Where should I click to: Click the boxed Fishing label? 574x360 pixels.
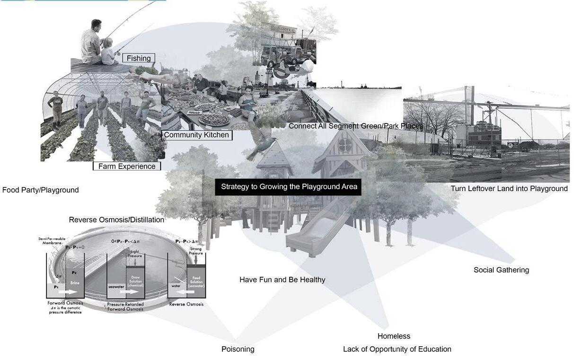coord(139,58)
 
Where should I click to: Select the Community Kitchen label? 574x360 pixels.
coord(196,135)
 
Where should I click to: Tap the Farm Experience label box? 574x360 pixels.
coord(127,166)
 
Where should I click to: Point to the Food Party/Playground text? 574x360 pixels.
coord(40,190)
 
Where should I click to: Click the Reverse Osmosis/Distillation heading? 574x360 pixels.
coord(116,220)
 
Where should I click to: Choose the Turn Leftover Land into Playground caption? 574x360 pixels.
coord(509,188)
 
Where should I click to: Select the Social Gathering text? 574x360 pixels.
coord(501,270)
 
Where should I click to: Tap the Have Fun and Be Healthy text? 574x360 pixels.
coord(282,280)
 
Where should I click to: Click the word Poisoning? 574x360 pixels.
coord(238,349)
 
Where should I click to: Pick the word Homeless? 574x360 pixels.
coord(394,336)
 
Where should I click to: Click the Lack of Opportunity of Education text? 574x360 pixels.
coord(397,349)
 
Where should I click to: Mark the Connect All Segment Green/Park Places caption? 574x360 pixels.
coord(355,126)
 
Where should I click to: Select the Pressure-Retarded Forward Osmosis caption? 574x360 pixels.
coord(125,306)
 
